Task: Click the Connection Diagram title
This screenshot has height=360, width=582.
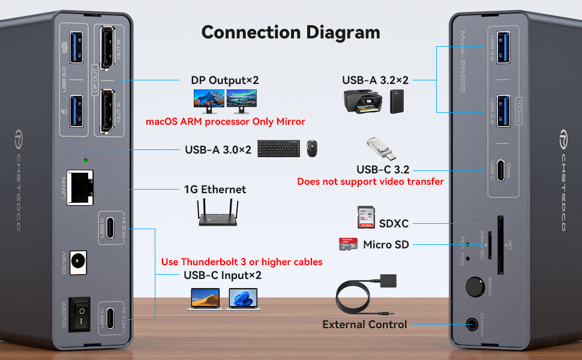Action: tap(290, 32)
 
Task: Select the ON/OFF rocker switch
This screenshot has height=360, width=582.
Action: tap(80, 313)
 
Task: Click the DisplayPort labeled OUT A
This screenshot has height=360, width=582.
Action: tap(109, 112)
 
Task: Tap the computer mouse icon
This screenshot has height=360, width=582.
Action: tap(312, 148)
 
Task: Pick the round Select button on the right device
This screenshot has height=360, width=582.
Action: tap(476, 285)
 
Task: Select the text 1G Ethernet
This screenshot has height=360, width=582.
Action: tap(215, 190)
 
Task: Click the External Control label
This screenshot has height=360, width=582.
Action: tap(365, 325)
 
